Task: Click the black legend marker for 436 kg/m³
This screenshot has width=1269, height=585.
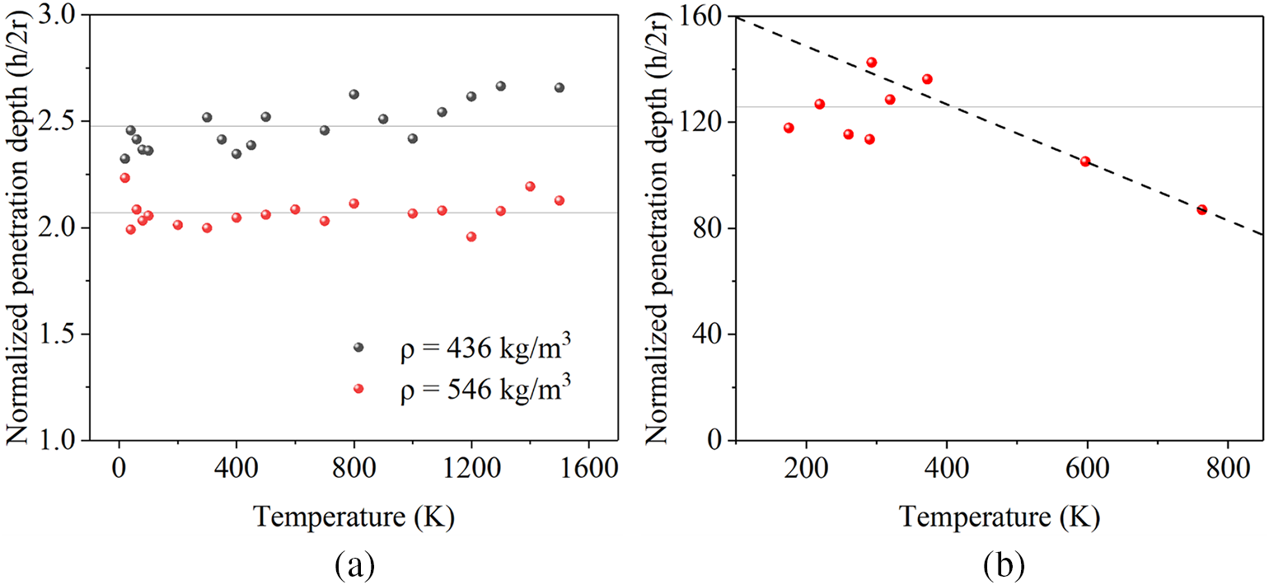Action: click(358, 348)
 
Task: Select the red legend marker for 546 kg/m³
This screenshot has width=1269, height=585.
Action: click(358, 388)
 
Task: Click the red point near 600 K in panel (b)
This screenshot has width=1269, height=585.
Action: click(1085, 161)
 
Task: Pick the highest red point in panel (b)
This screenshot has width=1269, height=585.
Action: click(872, 62)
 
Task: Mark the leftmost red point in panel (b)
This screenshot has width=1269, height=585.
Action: click(789, 128)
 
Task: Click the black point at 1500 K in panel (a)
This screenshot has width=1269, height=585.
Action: click(560, 87)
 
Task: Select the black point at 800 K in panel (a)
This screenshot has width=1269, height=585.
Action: click(354, 94)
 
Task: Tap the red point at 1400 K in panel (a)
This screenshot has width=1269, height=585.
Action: click(530, 186)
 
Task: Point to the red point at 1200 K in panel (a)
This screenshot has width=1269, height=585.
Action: click(471, 236)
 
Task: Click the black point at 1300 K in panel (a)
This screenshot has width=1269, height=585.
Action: click(500, 86)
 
